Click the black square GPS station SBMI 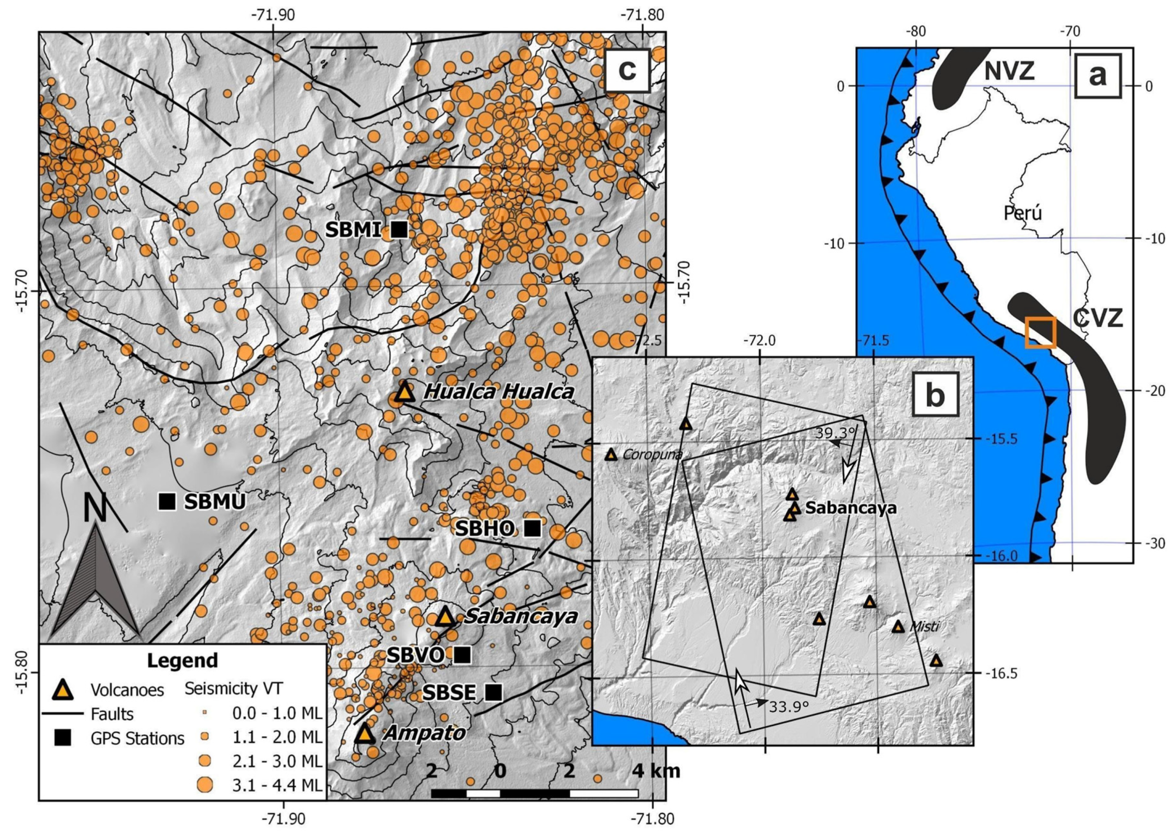pyautogui.click(x=399, y=230)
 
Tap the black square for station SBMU pyautogui.click(x=167, y=501)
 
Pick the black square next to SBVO pyautogui.click(x=462, y=654)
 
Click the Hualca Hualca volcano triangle pyautogui.click(x=404, y=392)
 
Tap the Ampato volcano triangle pyautogui.click(x=364, y=733)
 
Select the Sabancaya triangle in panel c pyautogui.click(x=445, y=617)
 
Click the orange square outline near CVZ pyautogui.click(x=1040, y=332)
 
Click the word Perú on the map pyautogui.click(x=1022, y=213)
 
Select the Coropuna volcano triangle pyautogui.click(x=610, y=454)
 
